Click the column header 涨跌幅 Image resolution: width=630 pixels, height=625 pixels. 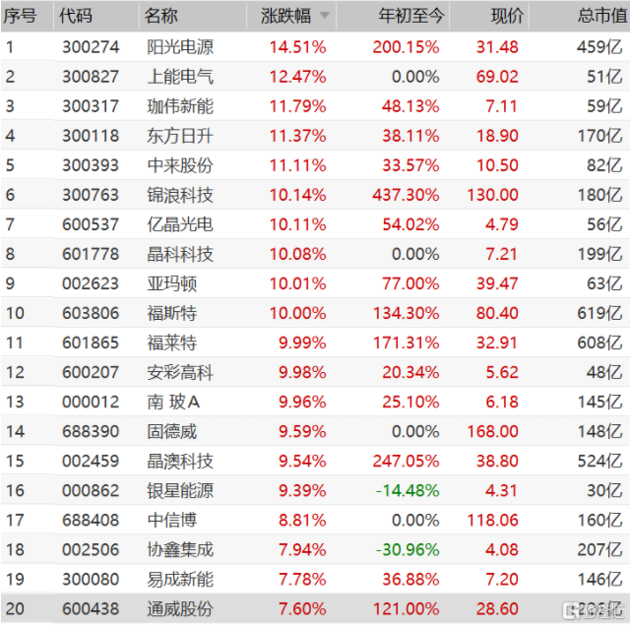(285, 17)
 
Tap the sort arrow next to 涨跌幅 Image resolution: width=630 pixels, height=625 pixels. (324, 17)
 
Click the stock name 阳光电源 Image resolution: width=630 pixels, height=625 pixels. (178, 47)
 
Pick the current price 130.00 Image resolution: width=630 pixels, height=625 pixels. (493, 195)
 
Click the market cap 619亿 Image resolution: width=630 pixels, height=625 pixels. (599, 313)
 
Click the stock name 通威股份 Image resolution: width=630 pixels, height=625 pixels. (178, 608)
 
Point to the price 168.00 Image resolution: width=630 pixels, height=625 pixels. (493, 431)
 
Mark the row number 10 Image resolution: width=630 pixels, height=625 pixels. (13, 313)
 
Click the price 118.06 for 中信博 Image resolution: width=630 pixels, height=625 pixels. (493, 520)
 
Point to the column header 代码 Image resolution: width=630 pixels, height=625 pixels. (75, 17)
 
